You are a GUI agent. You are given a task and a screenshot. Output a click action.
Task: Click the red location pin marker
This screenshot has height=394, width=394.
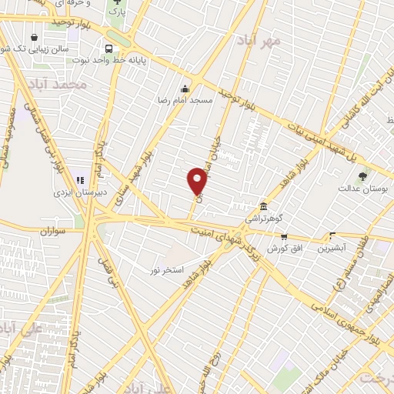coord(197,181)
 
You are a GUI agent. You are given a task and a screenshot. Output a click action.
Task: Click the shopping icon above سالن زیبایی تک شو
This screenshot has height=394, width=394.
coord(34,37)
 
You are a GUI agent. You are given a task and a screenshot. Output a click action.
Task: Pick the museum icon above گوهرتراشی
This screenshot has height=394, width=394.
coord(264,206)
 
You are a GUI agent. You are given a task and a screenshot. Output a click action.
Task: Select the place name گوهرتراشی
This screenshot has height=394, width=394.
coord(264,219)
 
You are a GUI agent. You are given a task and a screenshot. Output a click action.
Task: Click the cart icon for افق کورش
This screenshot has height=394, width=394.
coord(285,237)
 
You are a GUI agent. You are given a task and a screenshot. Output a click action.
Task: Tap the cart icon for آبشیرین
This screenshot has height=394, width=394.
coord(333,236)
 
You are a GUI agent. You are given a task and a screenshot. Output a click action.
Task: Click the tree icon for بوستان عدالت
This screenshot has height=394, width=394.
coord(363,176)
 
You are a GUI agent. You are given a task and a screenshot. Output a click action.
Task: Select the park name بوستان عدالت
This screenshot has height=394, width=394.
coord(365,188)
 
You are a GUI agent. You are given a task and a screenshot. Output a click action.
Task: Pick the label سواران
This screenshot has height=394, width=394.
coord(48,231)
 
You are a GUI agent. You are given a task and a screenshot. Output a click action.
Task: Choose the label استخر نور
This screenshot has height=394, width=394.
coord(167,270)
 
